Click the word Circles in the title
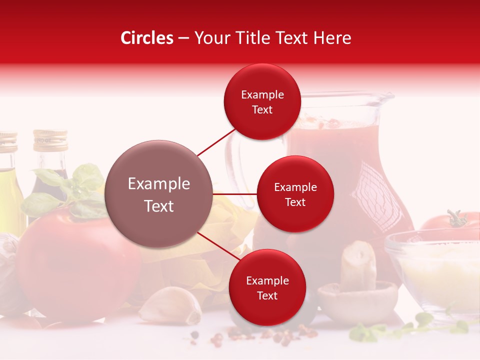147,38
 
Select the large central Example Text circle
159,194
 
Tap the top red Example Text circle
262,101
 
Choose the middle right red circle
295,194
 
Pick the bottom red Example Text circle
267,287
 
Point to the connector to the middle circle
234,194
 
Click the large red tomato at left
75,265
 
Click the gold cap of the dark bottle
50,140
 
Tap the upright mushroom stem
358,265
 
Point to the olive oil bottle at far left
9,185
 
